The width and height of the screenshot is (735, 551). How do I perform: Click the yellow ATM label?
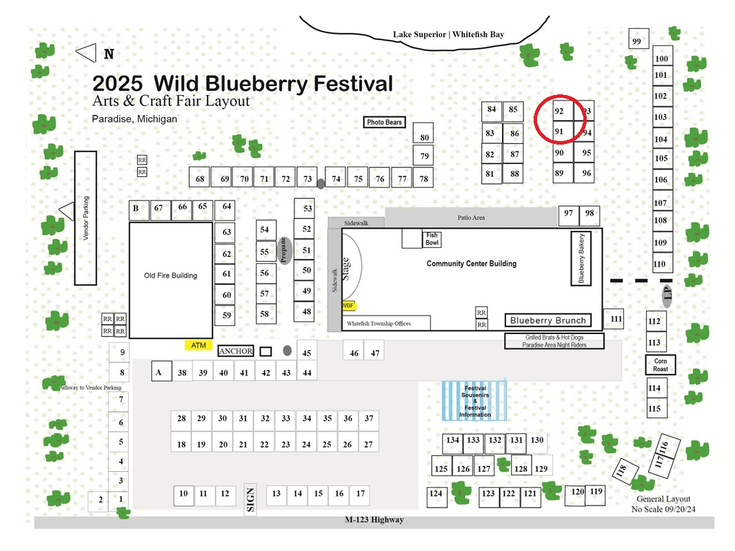[x=199, y=346]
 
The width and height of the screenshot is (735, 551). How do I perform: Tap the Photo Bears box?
[x=384, y=122]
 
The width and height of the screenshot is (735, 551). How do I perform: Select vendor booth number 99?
[x=638, y=39]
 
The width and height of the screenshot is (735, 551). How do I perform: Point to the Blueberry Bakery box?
[x=581, y=258]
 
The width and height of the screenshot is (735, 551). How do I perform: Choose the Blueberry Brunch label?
[x=548, y=320]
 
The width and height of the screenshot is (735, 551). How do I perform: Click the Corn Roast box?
[x=661, y=364]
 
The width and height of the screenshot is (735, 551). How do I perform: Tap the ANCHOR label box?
[x=236, y=351]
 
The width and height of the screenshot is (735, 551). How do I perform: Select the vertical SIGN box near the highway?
[x=250, y=499]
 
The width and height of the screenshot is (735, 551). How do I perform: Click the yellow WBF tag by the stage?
[x=348, y=306]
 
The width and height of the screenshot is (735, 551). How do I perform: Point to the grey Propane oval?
[x=284, y=251]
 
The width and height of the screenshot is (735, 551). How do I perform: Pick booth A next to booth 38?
[x=161, y=371]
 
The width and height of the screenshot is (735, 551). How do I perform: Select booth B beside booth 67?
[x=139, y=210]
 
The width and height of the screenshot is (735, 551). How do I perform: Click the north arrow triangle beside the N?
[x=86, y=53]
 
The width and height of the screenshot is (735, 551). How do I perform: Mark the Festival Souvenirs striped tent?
[x=474, y=401]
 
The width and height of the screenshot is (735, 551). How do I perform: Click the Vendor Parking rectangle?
[x=85, y=218]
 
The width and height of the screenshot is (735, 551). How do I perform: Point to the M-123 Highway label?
[x=374, y=519]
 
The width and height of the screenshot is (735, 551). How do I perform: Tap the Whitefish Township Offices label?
[x=379, y=324]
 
